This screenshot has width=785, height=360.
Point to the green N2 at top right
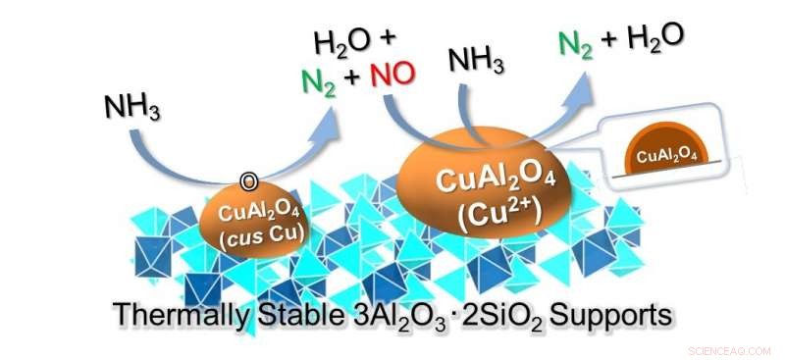click(x=572, y=43)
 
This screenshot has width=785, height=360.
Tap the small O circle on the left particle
click(x=249, y=181)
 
